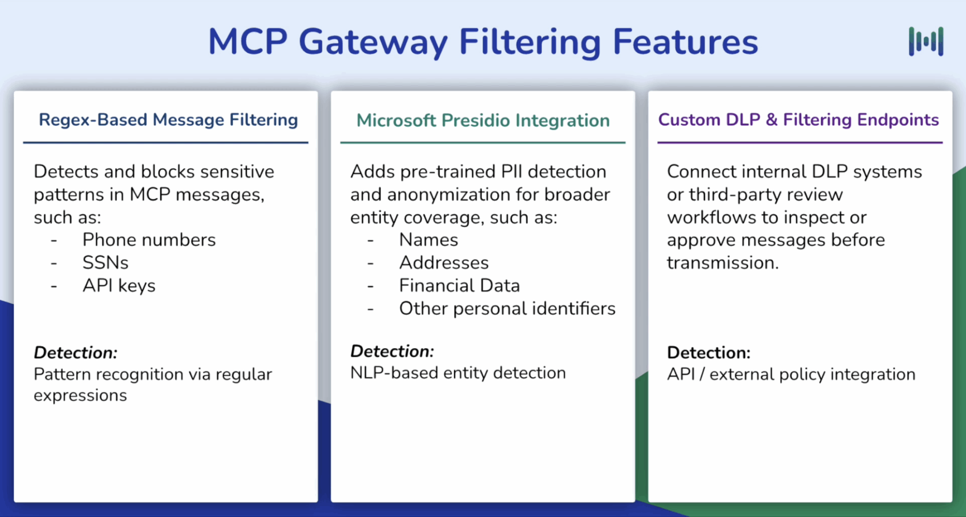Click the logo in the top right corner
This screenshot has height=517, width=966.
tap(926, 41)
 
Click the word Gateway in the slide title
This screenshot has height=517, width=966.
tap(373, 42)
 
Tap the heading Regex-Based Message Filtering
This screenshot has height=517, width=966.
tap(168, 120)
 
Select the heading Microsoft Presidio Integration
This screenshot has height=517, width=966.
tap(483, 121)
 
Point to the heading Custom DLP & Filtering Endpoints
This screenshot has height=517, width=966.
tap(798, 120)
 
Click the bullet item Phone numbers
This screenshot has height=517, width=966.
tap(149, 240)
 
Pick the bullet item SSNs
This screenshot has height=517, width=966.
tap(105, 263)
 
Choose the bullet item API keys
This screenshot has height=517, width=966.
tap(119, 286)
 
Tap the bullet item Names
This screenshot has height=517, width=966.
tap(428, 240)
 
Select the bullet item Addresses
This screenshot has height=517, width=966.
tap(444, 263)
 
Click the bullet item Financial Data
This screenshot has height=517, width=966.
tap(459, 286)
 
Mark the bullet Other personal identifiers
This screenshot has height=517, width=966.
tap(507, 309)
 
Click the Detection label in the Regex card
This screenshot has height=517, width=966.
tap(75, 353)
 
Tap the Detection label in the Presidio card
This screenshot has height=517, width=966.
tap(392, 351)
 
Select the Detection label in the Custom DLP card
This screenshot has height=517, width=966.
tap(708, 353)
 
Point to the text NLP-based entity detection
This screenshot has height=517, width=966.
tap(458, 373)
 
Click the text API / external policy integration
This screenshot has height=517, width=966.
tap(791, 374)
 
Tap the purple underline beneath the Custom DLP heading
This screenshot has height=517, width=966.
tap(800, 142)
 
